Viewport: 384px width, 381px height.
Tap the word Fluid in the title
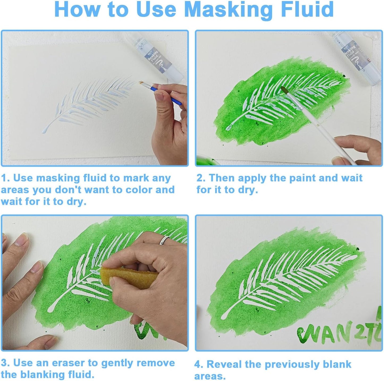pyautogui.click(x=307, y=10)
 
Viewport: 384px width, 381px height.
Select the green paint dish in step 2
pyautogui.click(x=206, y=161)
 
